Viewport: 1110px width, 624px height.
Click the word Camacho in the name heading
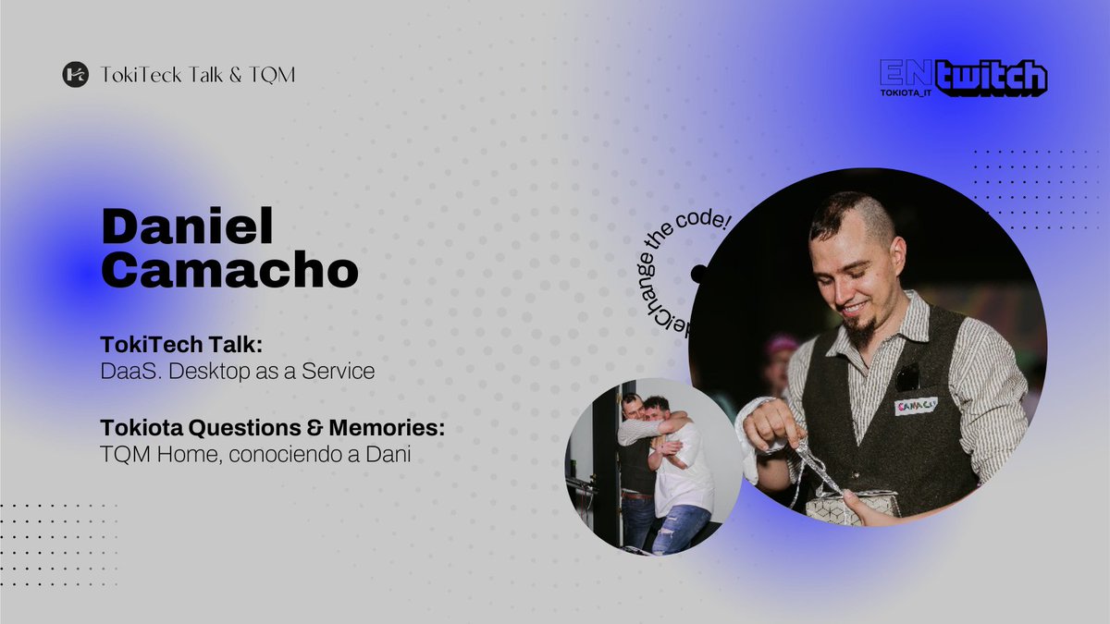[229, 271]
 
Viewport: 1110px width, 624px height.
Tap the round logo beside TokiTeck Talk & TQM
[75, 75]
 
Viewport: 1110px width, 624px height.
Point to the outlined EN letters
[906, 73]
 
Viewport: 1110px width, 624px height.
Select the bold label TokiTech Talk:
[182, 345]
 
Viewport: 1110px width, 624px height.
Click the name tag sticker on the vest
[916, 405]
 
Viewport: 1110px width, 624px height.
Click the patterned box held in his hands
[851, 504]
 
